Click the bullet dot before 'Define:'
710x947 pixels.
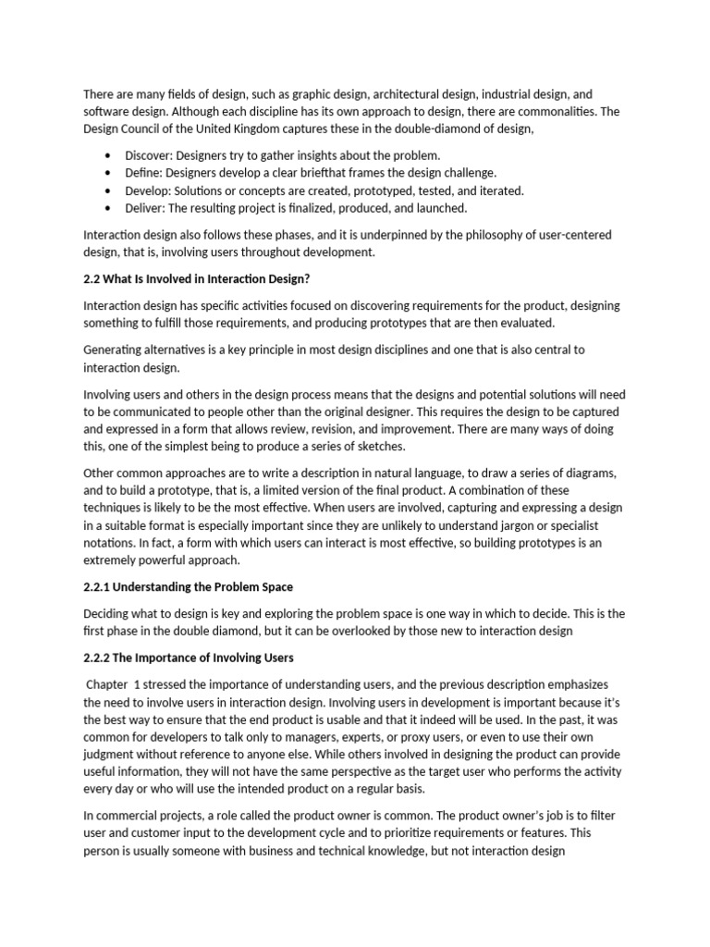click(110, 173)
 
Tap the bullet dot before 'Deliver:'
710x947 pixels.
click(110, 208)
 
